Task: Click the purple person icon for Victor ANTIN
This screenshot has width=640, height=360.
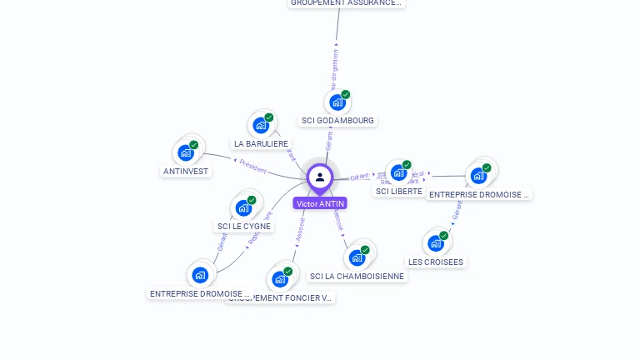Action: pos(320,177)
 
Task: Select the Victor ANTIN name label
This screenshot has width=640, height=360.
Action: pos(320,203)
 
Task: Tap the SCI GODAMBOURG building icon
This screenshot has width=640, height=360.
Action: pos(337,102)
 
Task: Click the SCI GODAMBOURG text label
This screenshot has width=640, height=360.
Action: pos(337,121)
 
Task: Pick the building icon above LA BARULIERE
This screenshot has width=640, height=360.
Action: pos(261,125)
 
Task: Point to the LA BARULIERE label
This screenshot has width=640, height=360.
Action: pos(261,143)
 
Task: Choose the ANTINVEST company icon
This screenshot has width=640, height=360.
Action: pos(186,152)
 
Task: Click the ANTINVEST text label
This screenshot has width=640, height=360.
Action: pos(186,171)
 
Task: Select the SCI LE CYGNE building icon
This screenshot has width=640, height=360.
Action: pos(243,207)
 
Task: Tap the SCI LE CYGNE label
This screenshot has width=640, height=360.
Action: pos(244,226)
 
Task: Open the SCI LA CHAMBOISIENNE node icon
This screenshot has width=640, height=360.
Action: pos(357,257)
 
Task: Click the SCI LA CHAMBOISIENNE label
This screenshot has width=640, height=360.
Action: pos(357,276)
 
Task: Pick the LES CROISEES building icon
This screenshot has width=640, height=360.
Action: pos(436,243)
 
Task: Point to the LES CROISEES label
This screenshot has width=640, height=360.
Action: pos(436,262)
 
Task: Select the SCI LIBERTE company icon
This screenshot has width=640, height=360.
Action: pos(398,172)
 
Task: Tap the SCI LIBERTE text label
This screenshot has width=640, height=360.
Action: pos(399,191)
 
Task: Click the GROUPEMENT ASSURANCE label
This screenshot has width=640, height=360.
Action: pos(346,2)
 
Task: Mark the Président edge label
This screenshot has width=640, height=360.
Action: pos(252,167)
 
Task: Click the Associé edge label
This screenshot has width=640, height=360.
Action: pos(301,230)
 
